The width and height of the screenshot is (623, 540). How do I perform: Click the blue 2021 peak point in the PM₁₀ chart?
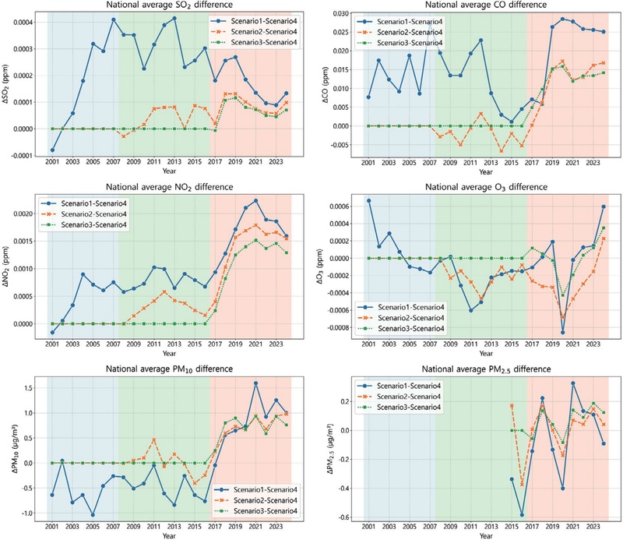(x=255, y=383)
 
